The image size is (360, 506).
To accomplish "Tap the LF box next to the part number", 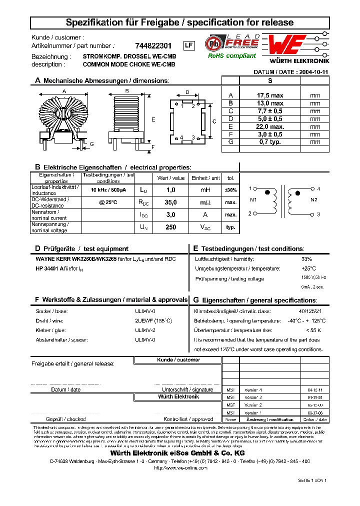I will pyautogui.click(x=188, y=45).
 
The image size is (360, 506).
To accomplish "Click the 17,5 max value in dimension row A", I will pyautogui.click(x=270, y=95).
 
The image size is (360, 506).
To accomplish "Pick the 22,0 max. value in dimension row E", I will pyautogui.click(x=270, y=127).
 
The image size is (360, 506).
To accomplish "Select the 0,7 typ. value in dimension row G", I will pyautogui.click(x=270, y=142).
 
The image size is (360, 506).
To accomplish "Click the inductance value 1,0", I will pyautogui.click(x=171, y=190).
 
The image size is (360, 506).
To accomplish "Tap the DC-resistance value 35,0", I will pyautogui.click(x=171, y=202).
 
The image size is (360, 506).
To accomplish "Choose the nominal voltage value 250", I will pyautogui.click(x=171, y=227).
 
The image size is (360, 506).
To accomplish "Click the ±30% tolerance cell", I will pyautogui.click(x=230, y=190).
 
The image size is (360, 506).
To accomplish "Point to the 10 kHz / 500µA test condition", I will pyautogui.click(x=108, y=190).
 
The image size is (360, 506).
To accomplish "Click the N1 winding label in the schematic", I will pyautogui.click(x=253, y=200).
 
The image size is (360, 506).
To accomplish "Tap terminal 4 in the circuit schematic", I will pyautogui.click(x=318, y=189).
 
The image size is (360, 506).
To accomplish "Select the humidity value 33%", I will pyautogui.click(x=306, y=259).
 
